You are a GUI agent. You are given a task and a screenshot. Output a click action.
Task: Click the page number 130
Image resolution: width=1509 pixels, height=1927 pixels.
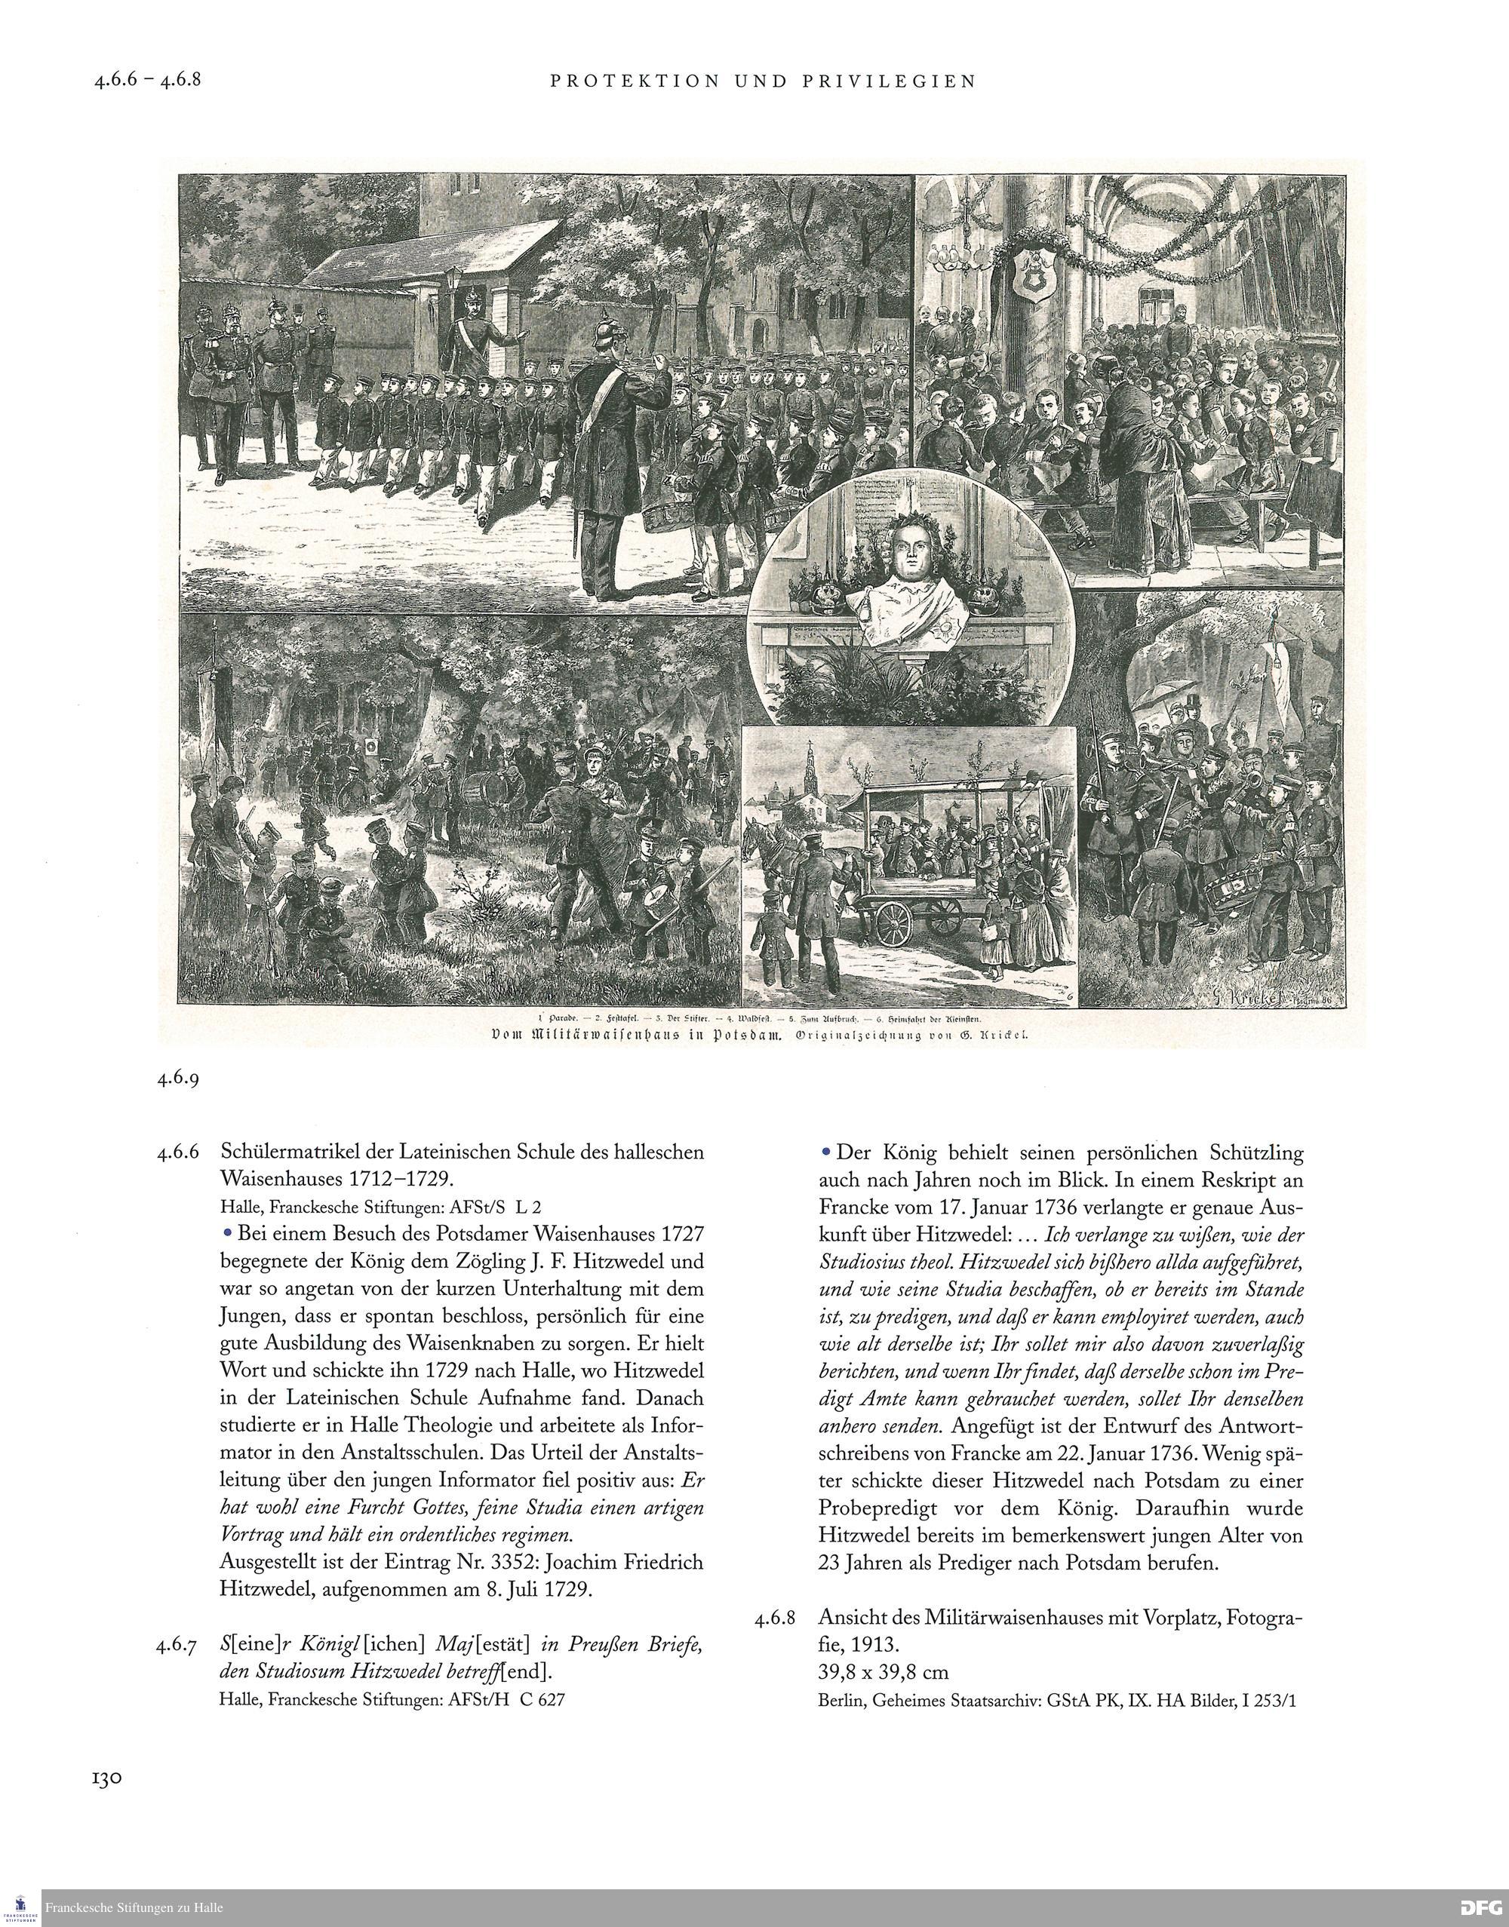tap(107, 1778)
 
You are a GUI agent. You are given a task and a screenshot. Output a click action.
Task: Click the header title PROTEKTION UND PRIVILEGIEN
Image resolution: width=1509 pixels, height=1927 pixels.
tap(764, 81)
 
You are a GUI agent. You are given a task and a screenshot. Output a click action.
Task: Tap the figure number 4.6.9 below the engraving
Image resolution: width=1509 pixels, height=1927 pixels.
tap(179, 1079)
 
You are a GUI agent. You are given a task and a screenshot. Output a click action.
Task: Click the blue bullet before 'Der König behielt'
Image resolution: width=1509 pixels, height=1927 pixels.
tap(826, 1152)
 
